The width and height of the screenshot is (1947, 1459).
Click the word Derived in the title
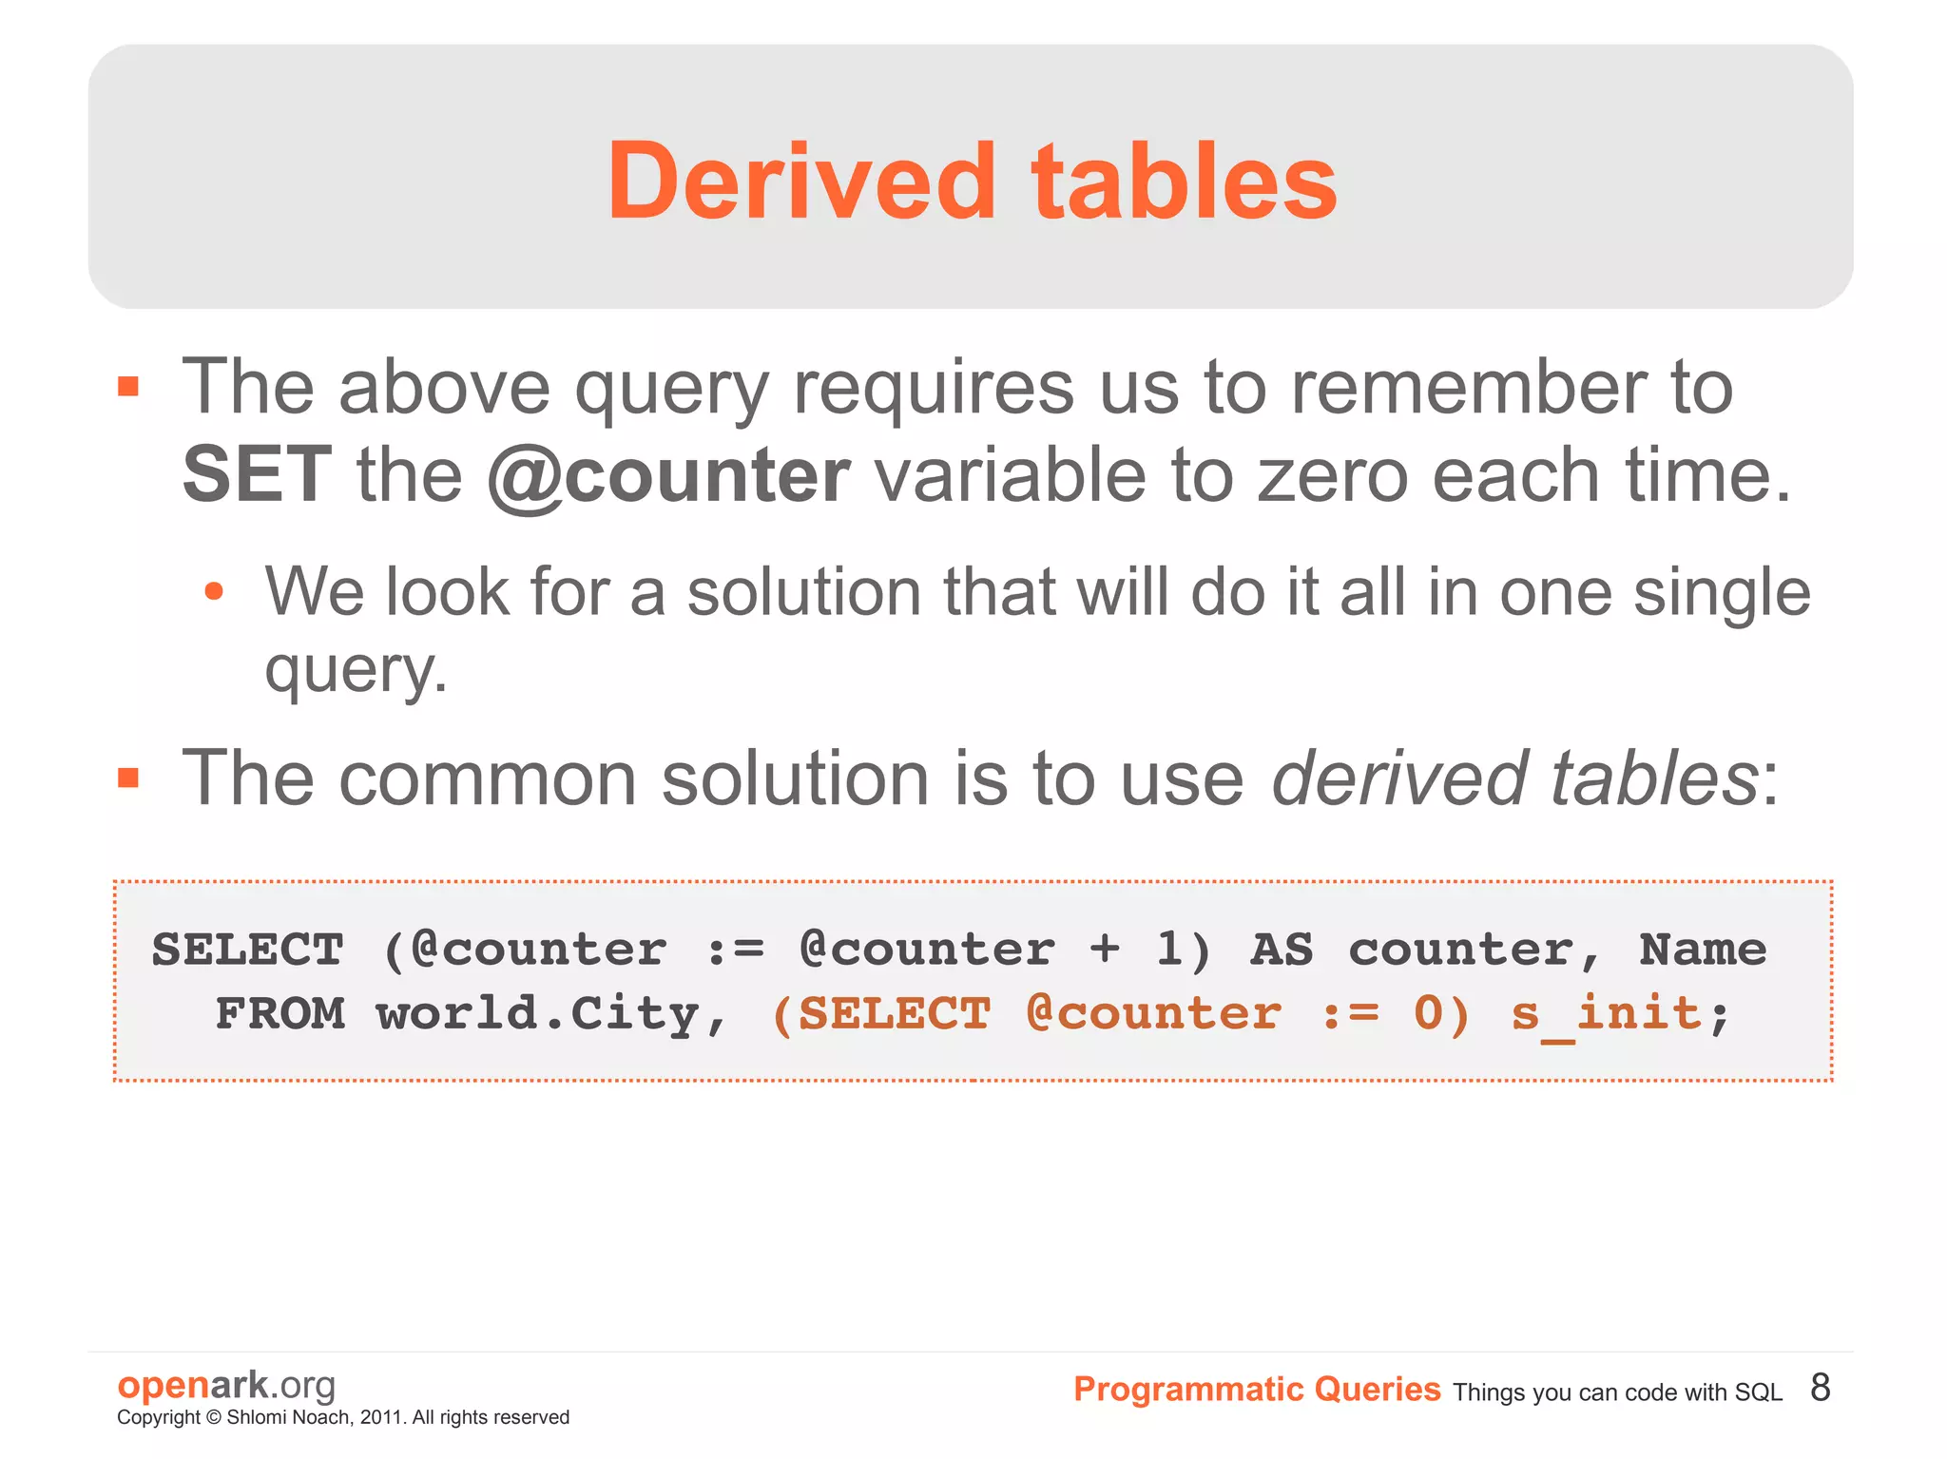801,181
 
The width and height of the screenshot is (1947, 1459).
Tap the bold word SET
256,475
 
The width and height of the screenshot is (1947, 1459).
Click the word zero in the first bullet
1332,475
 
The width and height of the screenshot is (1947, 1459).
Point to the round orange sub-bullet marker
214,591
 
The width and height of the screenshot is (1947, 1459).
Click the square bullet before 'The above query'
128,387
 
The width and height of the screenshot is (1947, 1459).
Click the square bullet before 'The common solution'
128,778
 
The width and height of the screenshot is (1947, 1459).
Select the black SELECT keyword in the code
247,950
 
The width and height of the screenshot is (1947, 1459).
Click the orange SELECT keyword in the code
895,1013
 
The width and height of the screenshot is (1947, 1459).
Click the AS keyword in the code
1281,950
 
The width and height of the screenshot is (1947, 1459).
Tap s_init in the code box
1606,1013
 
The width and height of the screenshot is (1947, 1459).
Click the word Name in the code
1703,950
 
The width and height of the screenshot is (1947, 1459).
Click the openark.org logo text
226,1385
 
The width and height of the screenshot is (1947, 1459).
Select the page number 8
1820,1388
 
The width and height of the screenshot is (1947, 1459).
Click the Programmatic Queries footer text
1256,1390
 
